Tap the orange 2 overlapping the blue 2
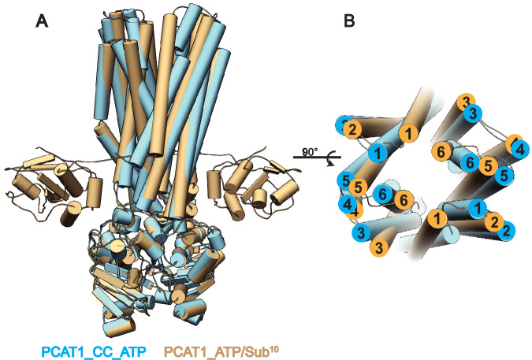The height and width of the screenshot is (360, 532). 496,222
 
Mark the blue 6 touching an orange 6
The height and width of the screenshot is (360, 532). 384,194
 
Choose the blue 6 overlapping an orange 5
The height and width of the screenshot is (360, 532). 470,161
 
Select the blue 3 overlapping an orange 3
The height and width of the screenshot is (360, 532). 474,113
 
